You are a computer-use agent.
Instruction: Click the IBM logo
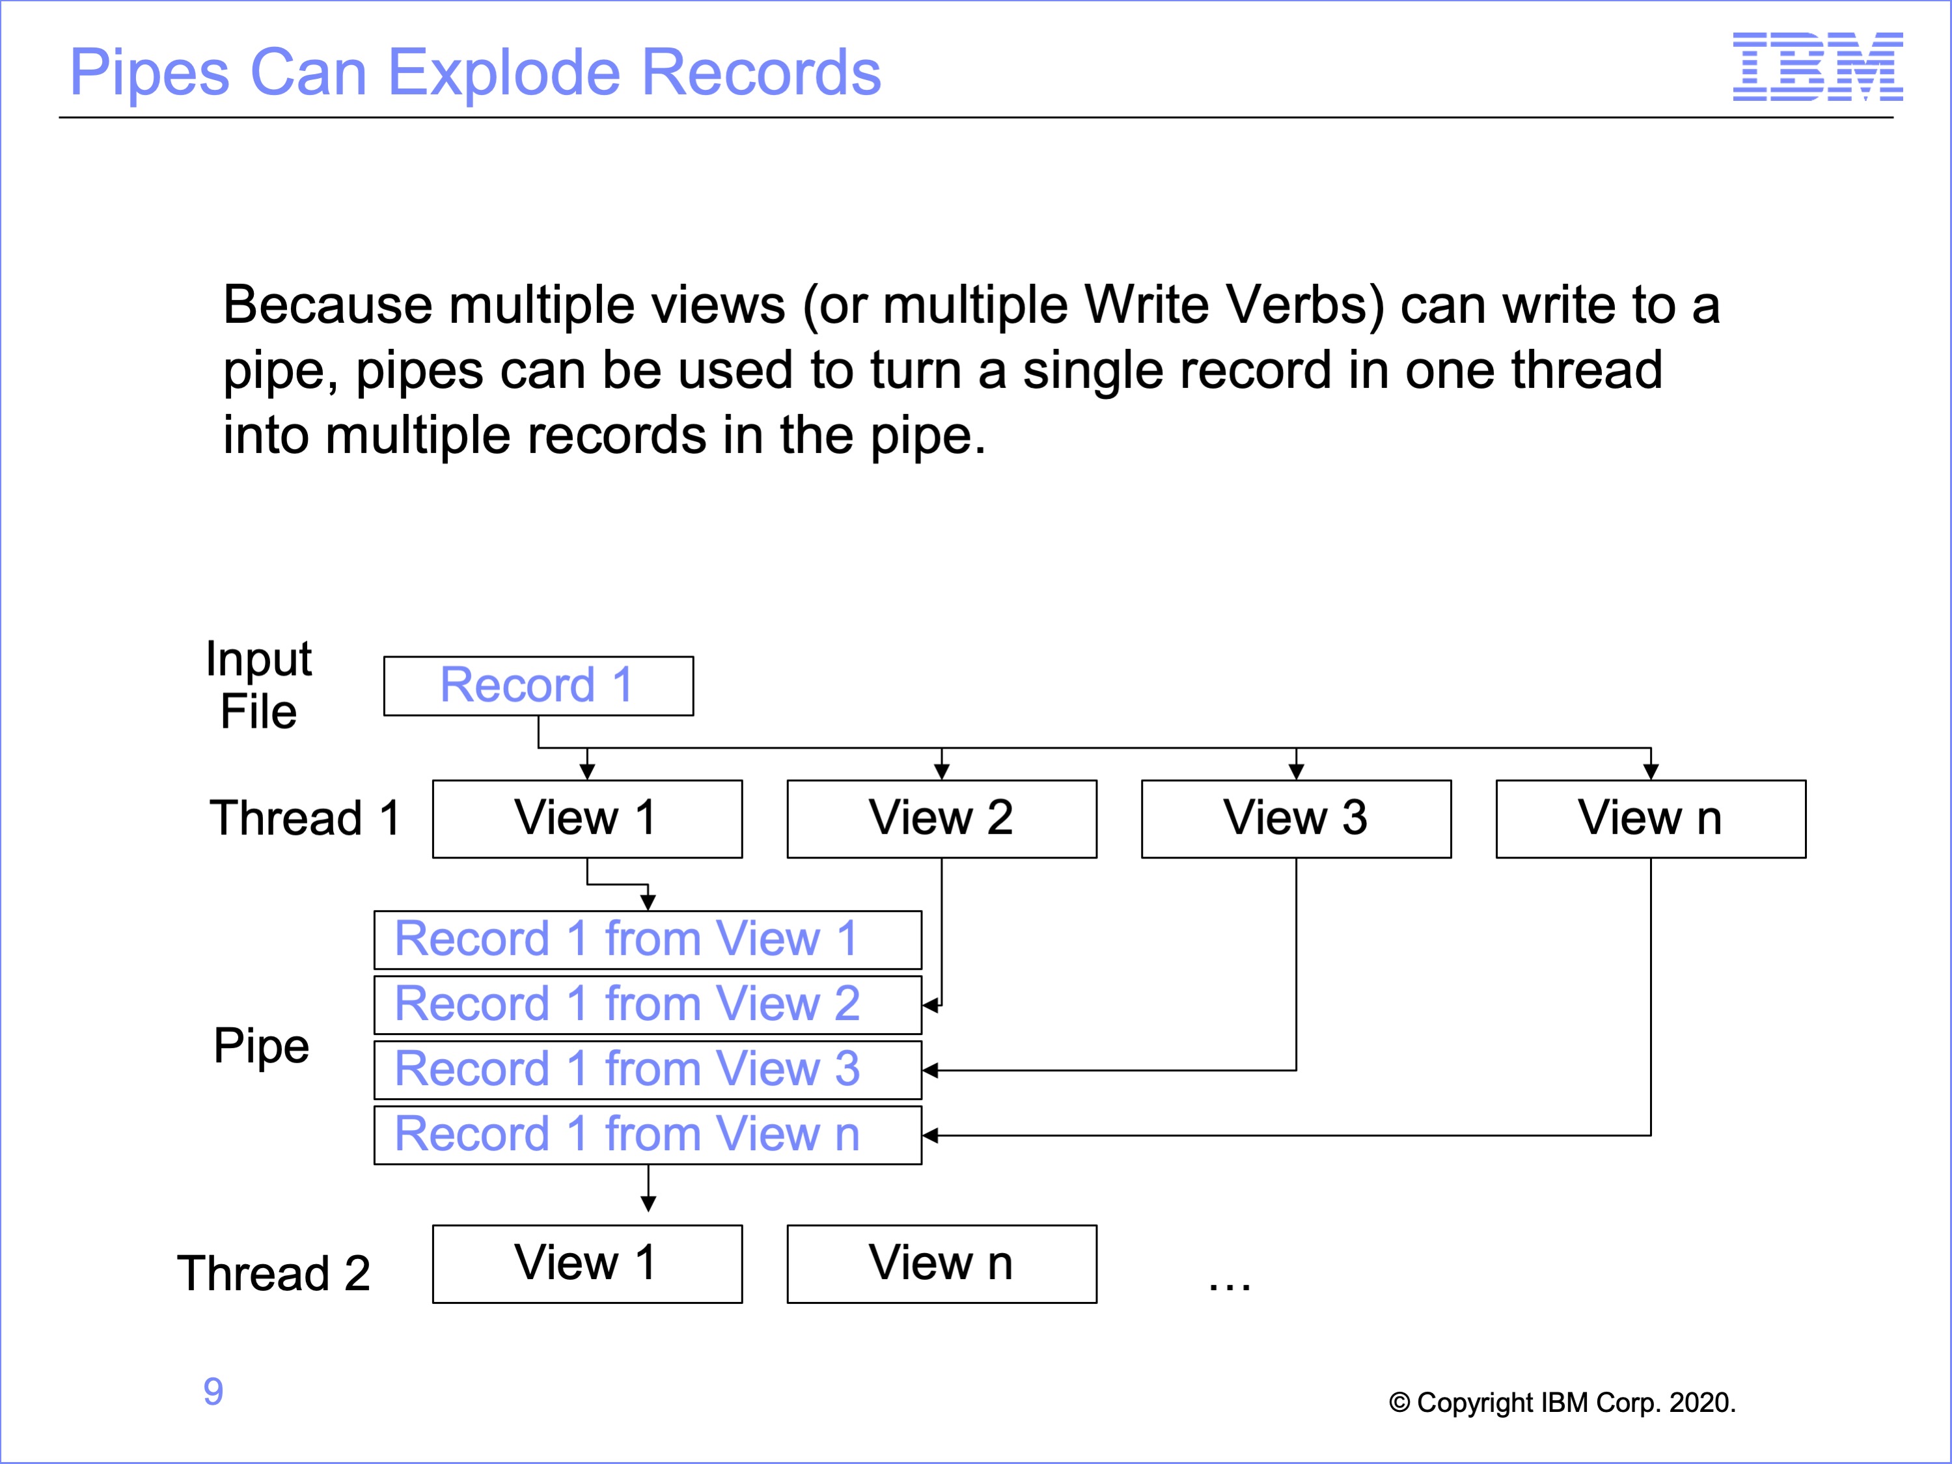[x=1818, y=66]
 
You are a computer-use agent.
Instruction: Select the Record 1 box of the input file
[x=538, y=685]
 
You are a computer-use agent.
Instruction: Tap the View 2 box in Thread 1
[x=942, y=819]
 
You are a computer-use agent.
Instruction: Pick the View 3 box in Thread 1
[x=1297, y=819]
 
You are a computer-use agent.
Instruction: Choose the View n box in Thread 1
[x=1651, y=819]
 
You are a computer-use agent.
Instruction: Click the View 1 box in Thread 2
[x=588, y=1264]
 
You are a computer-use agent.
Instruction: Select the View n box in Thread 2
[x=942, y=1264]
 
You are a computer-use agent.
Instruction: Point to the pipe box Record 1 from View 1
[x=648, y=940]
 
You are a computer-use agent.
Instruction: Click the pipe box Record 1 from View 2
[x=648, y=1005]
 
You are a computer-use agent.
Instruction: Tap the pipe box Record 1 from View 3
[x=648, y=1070]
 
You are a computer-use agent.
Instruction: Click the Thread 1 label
[x=305, y=818]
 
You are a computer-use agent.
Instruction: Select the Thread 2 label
[x=273, y=1273]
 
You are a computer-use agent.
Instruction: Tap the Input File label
[x=258, y=685]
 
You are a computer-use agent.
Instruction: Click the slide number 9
[x=213, y=1392]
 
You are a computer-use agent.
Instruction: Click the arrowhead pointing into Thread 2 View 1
[x=649, y=1204]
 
